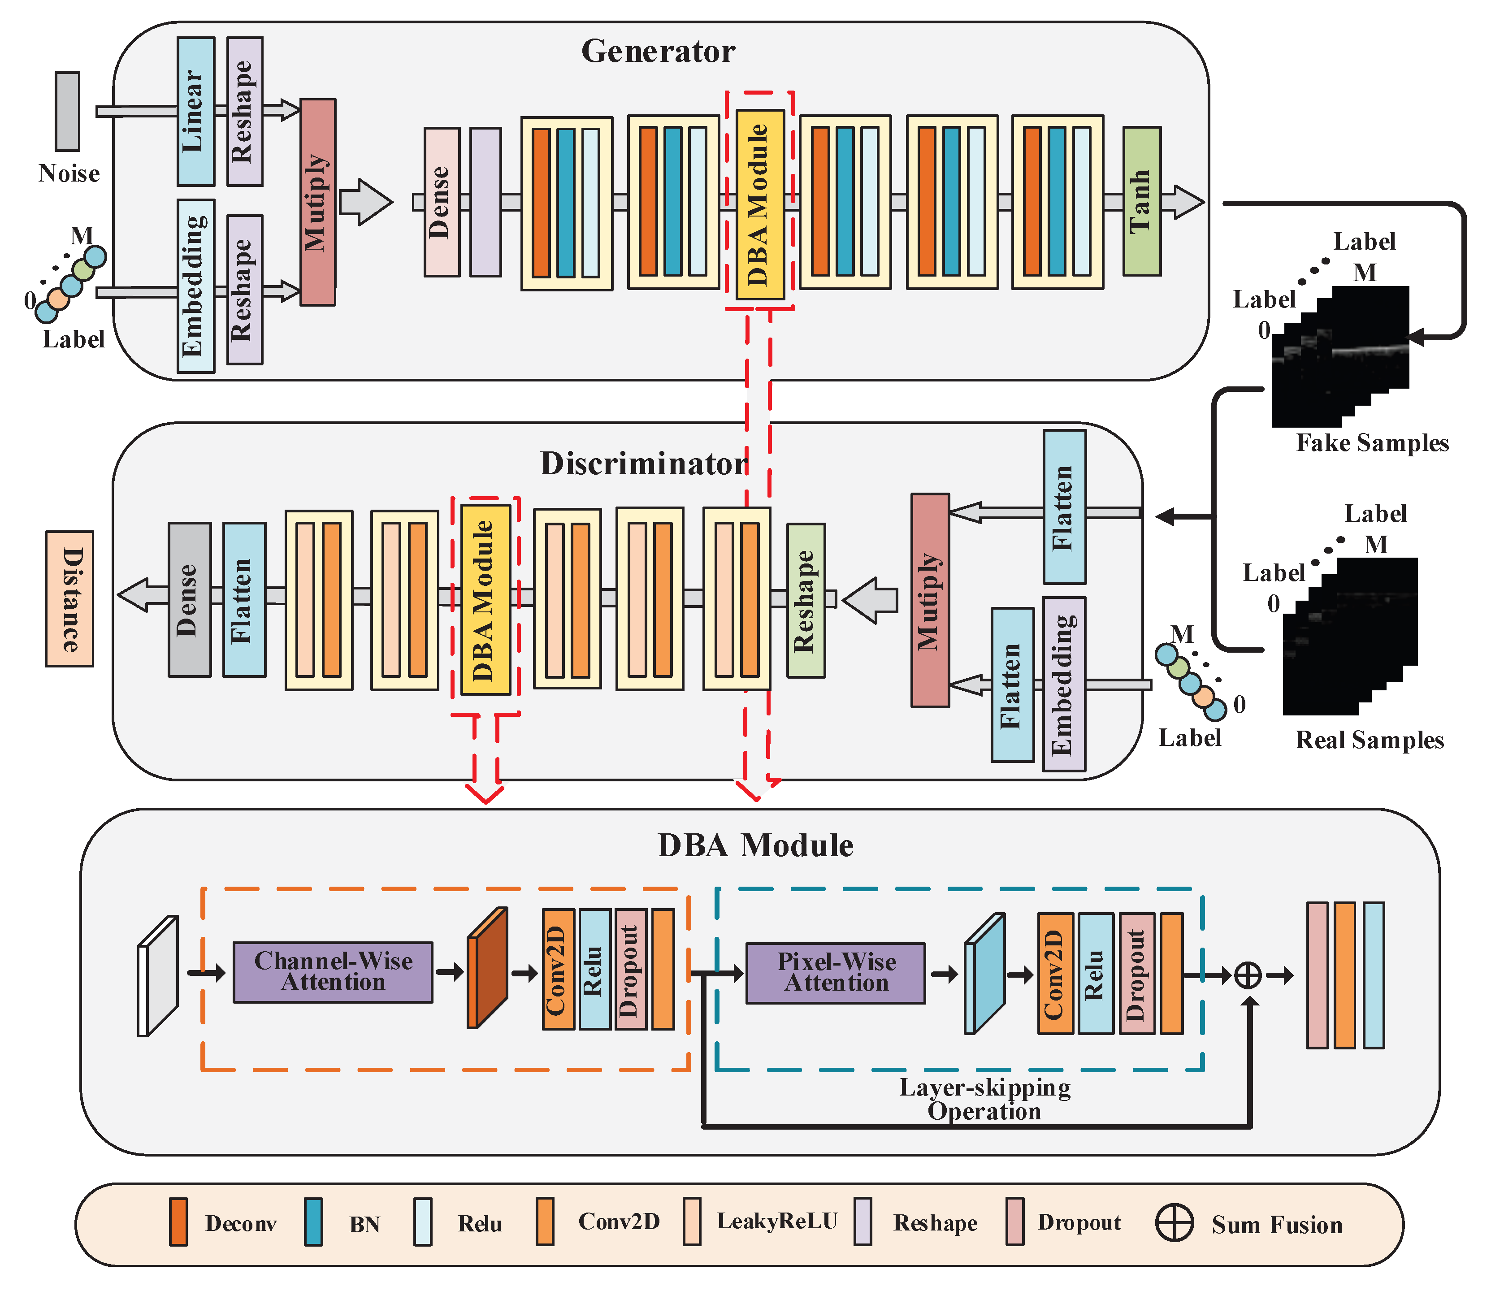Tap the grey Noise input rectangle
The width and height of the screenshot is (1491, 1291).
tap(68, 111)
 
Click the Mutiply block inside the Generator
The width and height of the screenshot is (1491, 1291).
tap(318, 202)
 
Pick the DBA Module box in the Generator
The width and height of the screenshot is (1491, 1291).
tap(759, 204)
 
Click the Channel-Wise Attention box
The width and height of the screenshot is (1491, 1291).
tap(333, 972)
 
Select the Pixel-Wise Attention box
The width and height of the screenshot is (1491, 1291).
tap(836, 973)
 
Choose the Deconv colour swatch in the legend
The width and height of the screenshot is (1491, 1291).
tap(178, 1222)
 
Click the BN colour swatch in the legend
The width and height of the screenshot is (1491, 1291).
tap(313, 1222)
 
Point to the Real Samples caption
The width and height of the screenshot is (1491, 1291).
tap(1369, 740)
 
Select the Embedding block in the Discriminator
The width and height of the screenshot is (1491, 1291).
tap(1064, 684)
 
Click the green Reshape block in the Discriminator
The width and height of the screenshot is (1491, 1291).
tap(805, 600)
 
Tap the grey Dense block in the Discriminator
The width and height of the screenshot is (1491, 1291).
tap(190, 599)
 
